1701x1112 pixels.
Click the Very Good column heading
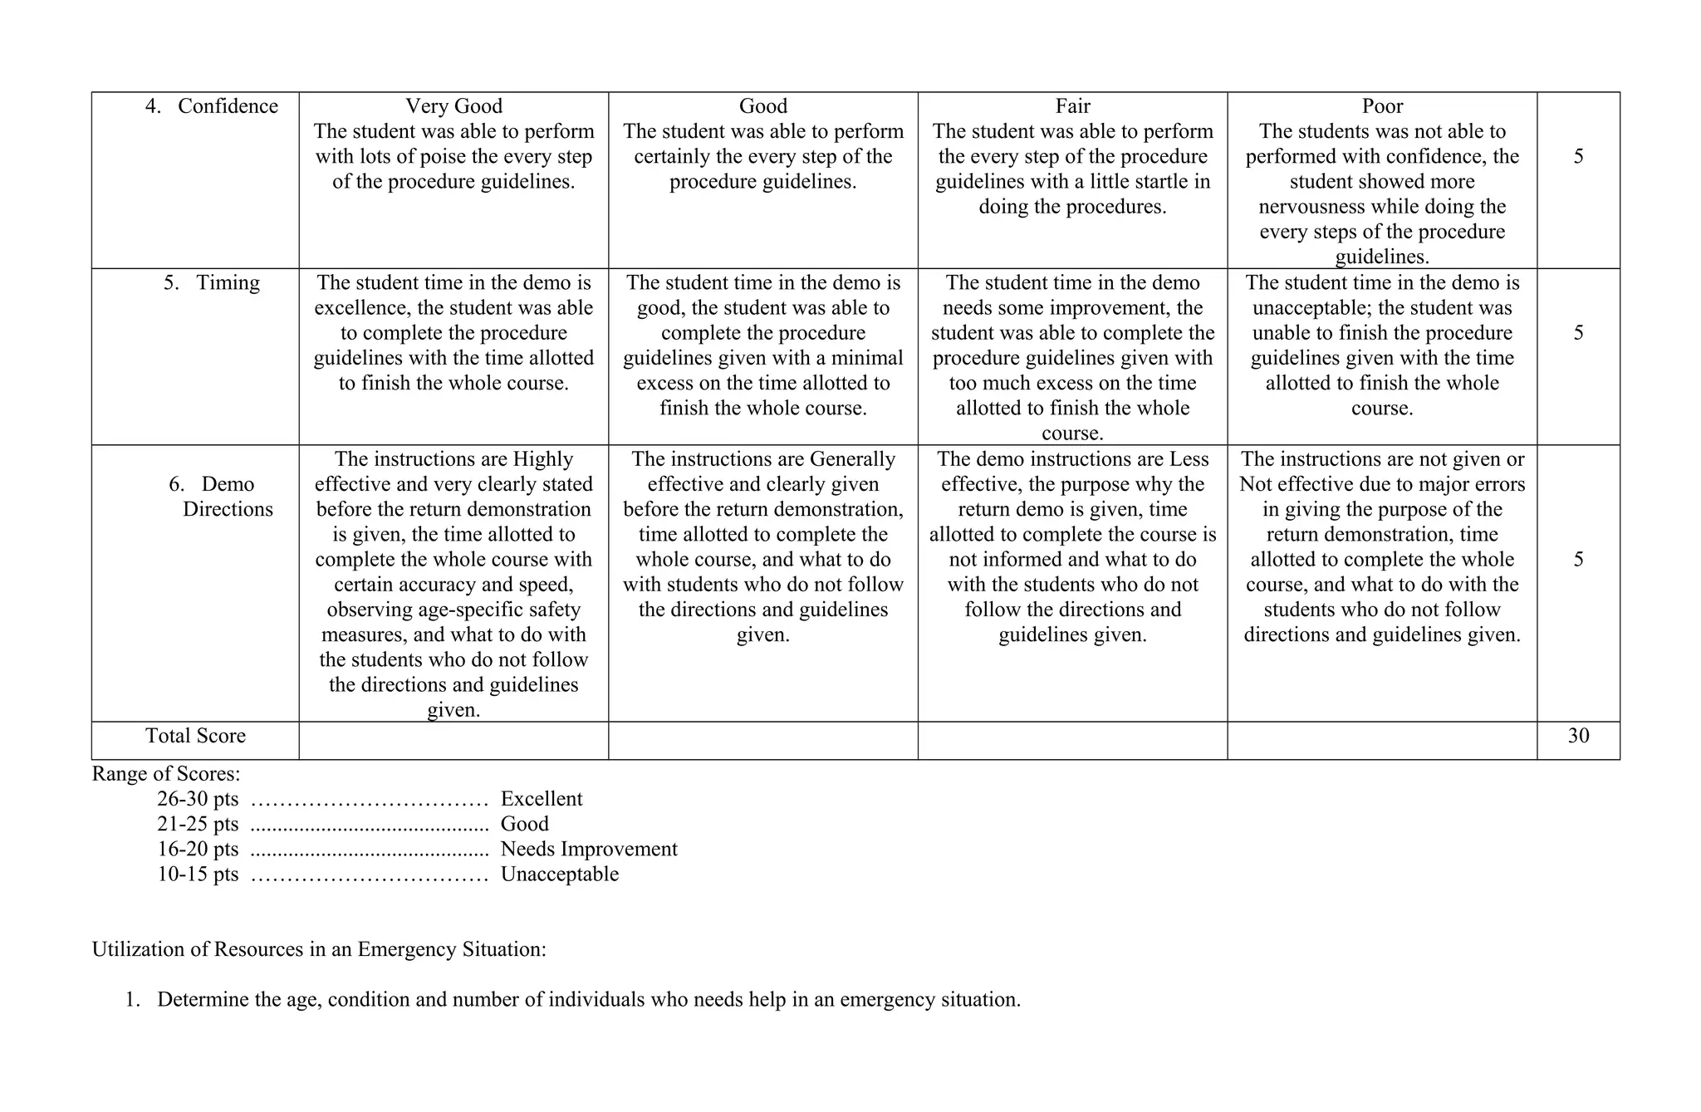click(453, 106)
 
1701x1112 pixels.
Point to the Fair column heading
click(1072, 106)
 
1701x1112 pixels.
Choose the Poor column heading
click(1382, 106)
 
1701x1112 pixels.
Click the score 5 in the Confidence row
click(1578, 157)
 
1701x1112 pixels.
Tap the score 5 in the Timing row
click(1578, 333)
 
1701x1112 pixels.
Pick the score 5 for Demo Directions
click(1578, 560)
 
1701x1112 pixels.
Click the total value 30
click(1578, 736)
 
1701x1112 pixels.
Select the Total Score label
click(195, 736)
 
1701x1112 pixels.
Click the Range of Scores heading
click(166, 774)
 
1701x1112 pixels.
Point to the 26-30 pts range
click(198, 799)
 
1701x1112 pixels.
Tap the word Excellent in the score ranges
click(542, 799)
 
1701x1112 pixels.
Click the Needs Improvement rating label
click(589, 850)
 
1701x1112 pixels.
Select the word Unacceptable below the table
click(560, 874)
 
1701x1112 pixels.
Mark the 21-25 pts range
click(198, 825)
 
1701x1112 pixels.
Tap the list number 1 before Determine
click(131, 1000)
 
